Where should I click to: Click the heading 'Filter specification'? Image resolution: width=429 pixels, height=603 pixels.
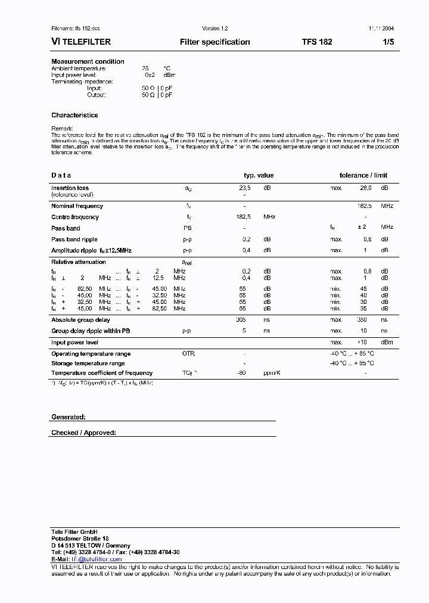(x=214, y=42)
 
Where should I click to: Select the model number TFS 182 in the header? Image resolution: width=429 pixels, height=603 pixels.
(x=317, y=42)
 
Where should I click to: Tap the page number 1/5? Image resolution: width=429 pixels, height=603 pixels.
(x=388, y=42)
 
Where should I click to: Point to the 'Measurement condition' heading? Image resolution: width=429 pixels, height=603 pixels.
(x=88, y=61)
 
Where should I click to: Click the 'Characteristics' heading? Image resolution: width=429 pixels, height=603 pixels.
(x=74, y=115)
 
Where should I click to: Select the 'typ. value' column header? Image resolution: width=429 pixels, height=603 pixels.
(x=259, y=175)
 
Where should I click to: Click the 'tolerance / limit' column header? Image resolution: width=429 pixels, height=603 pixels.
(x=363, y=175)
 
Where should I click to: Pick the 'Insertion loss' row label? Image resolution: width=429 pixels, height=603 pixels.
(x=70, y=188)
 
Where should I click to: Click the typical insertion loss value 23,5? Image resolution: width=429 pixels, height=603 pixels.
(x=244, y=188)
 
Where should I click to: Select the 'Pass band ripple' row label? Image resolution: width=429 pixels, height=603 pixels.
(x=74, y=239)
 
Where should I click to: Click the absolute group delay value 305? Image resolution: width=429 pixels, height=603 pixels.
(x=241, y=320)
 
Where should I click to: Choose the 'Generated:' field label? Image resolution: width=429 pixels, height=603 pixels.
(x=69, y=417)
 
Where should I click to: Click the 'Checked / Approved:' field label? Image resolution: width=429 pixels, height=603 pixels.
(x=83, y=433)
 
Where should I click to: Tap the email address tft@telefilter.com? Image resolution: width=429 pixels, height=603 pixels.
(x=97, y=560)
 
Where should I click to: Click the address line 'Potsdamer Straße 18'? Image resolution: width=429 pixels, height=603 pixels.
(x=80, y=538)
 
